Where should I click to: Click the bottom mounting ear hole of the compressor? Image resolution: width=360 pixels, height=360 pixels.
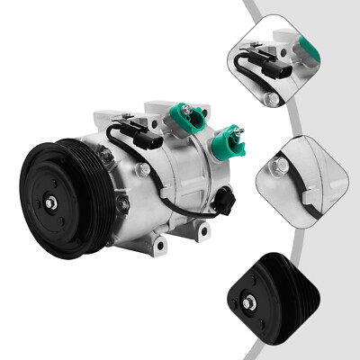click(159, 243)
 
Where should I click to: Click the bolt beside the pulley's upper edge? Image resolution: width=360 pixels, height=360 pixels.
click(106, 157)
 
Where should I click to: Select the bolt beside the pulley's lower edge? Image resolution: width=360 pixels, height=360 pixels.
click(124, 206)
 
